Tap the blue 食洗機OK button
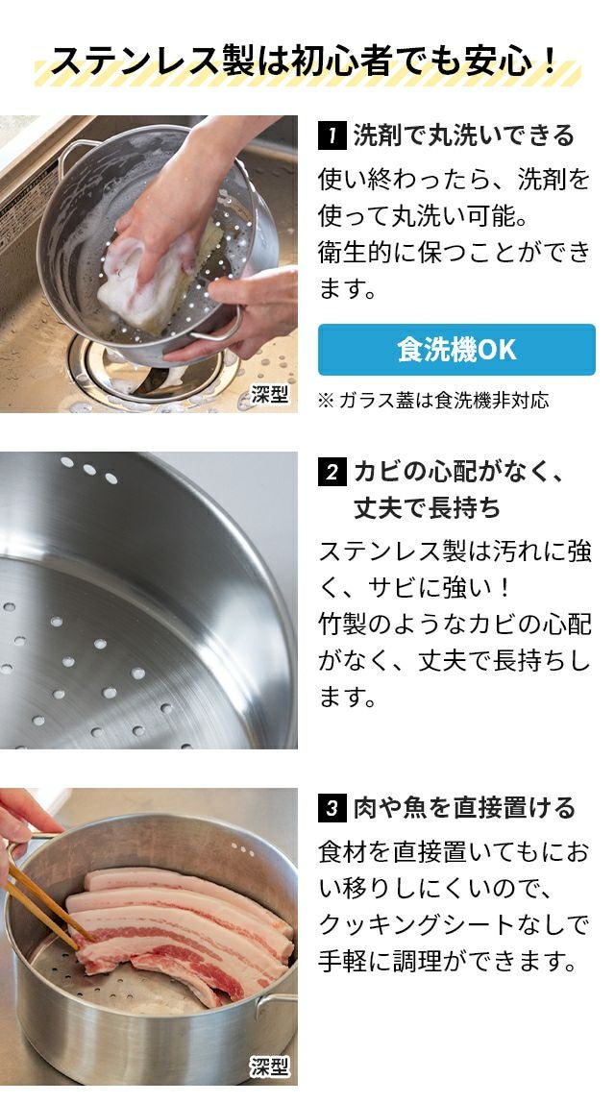[x=456, y=350]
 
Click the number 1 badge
[x=332, y=135]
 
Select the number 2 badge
[x=332, y=472]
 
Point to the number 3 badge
[x=332, y=807]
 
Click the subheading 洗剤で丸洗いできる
[x=464, y=135]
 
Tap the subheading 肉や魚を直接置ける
[x=464, y=807]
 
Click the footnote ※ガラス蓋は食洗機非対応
[x=432, y=401]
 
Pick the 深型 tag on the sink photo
[x=269, y=394]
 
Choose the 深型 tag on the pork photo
[x=269, y=1066]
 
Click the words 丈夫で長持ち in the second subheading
[x=427, y=508]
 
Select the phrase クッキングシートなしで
[x=453, y=924]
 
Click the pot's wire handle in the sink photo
[x=78, y=155]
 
